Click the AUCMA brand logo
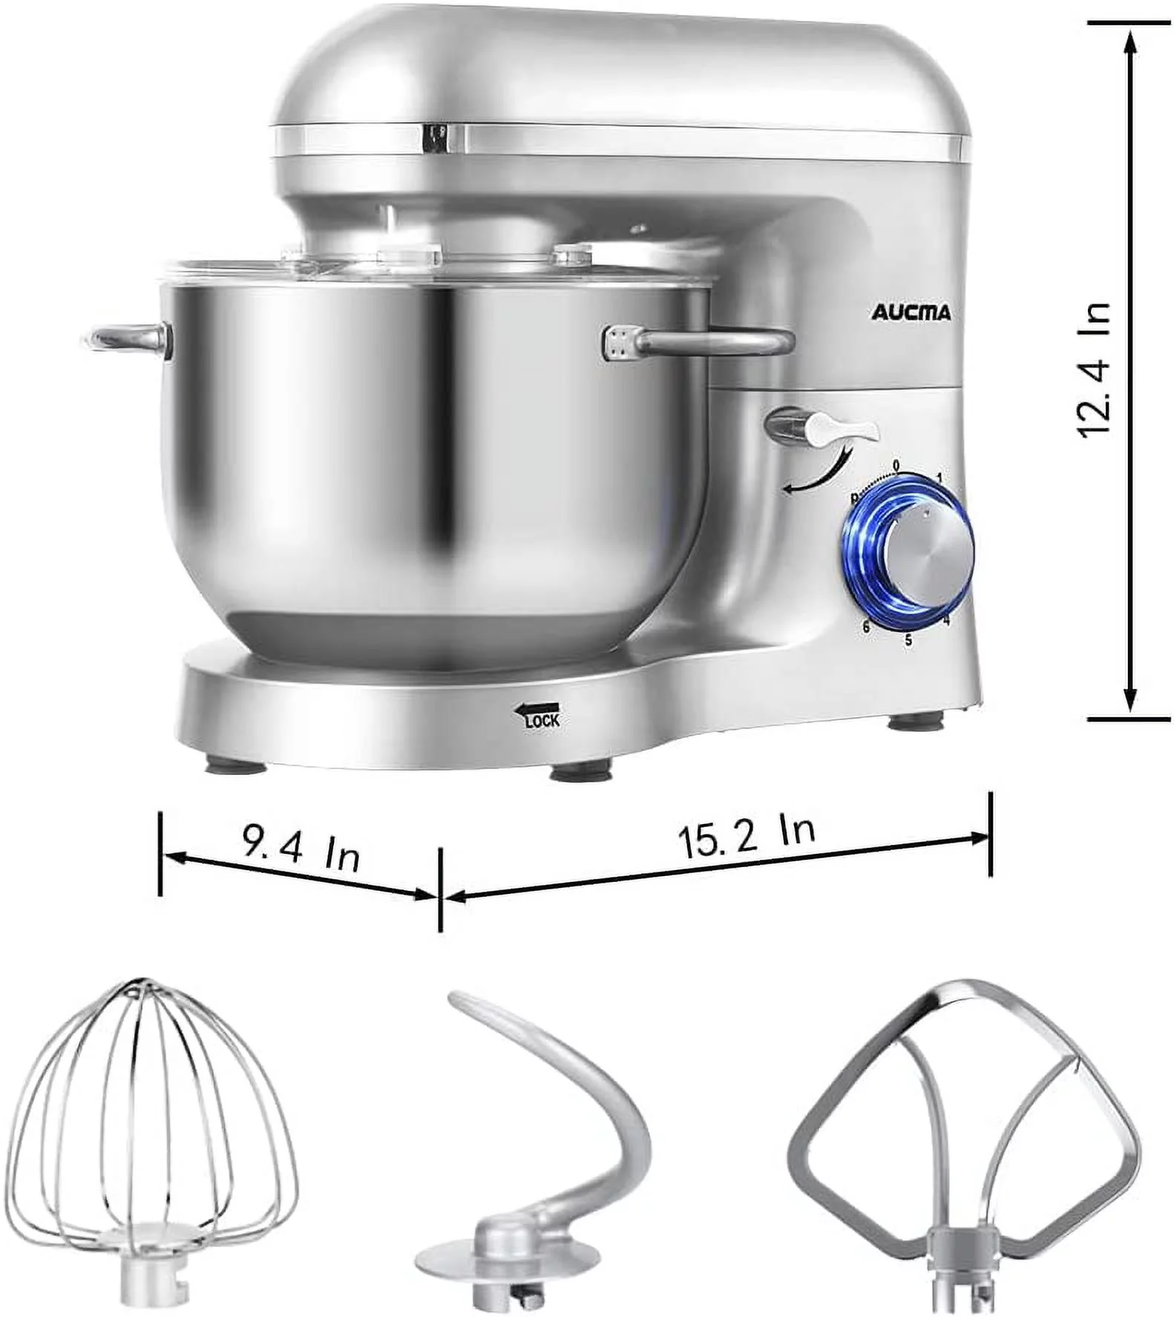(x=911, y=313)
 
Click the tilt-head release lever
(x=824, y=430)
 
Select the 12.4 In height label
(x=1095, y=370)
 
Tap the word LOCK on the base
(x=542, y=719)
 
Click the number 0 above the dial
(x=896, y=465)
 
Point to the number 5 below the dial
(x=908, y=639)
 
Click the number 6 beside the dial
(x=865, y=627)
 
